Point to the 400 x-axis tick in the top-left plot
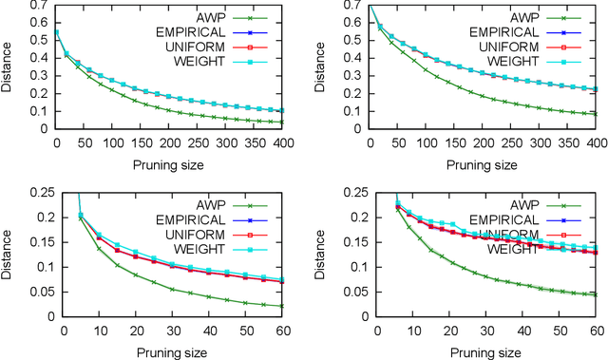click(x=282, y=142)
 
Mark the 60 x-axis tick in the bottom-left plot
click(x=282, y=328)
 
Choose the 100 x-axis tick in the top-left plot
click(x=113, y=142)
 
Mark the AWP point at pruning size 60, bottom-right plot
click(x=594, y=294)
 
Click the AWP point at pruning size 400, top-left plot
click(x=282, y=122)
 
